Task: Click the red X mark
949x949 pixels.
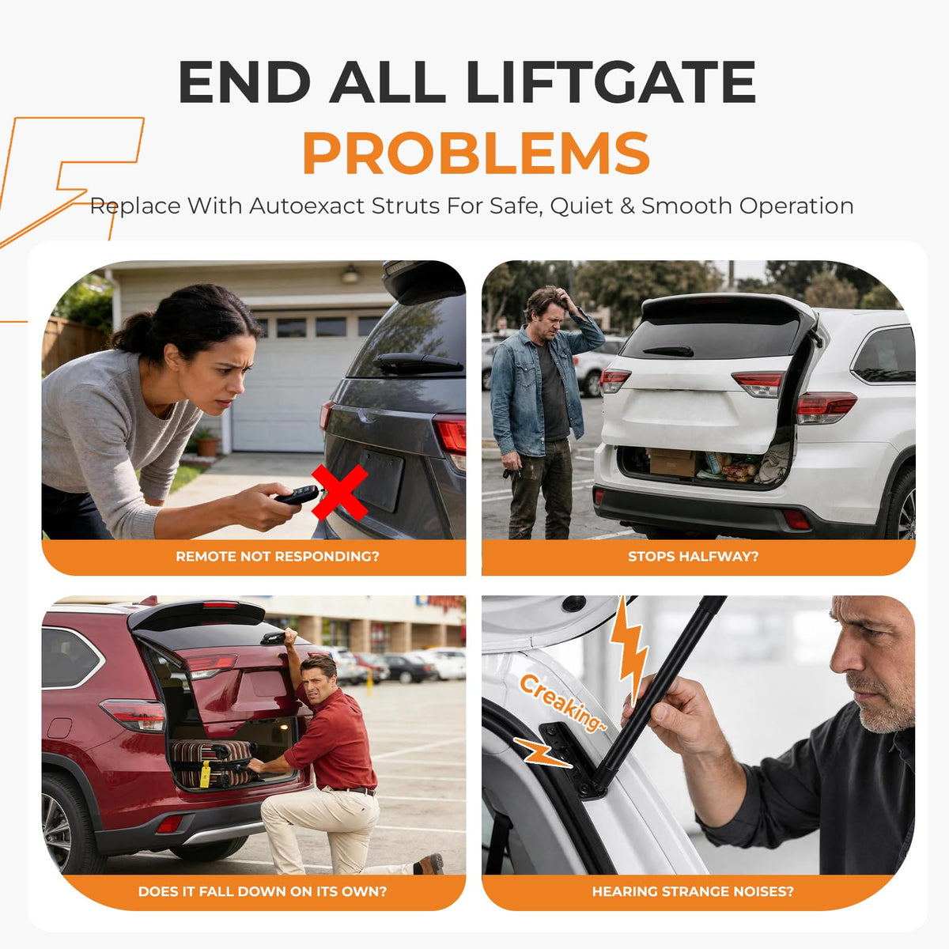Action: click(340, 493)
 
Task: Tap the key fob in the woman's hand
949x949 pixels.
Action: click(297, 494)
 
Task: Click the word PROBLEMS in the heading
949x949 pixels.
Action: click(476, 153)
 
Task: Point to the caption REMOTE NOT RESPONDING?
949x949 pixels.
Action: click(278, 557)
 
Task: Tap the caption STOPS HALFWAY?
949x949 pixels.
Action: click(693, 557)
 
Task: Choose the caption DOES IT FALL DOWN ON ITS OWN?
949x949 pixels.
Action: click(263, 891)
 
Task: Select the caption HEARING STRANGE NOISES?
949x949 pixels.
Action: click(693, 891)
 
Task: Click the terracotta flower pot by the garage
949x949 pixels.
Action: click(208, 446)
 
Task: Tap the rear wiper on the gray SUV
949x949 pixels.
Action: click(418, 363)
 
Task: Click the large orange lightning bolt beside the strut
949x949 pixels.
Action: click(629, 648)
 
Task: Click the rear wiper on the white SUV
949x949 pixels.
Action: click(668, 351)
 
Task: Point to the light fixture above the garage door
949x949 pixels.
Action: click(350, 274)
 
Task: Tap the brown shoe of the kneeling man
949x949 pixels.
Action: click(430, 864)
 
